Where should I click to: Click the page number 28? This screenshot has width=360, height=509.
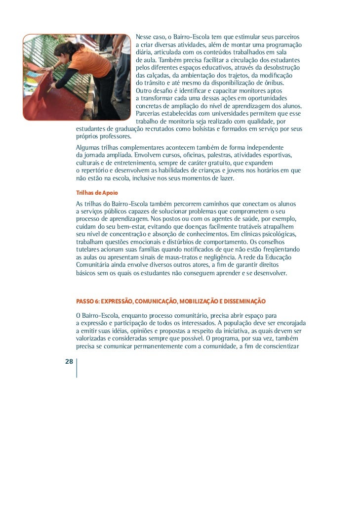pyautogui.click(x=69, y=362)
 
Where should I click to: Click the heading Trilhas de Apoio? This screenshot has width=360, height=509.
pyautogui.click(x=97, y=192)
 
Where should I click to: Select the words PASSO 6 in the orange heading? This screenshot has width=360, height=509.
pyautogui.click(x=88, y=301)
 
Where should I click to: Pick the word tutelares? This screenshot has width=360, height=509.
pyautogui.click(x=89, y=249)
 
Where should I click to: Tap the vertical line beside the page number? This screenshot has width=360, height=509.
pyautogui.click(x=77, y=368)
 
